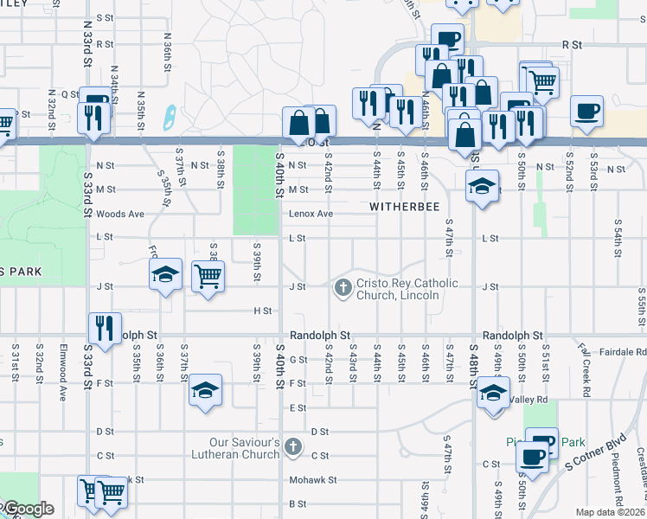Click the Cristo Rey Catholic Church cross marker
(x=343, y=287)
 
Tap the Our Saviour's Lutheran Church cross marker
(x=293, y=447)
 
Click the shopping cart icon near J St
(x=208, y=277)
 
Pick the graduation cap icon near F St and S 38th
(x=206, y=390)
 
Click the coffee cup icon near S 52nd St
(x=586, y=112)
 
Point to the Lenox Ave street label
(x=311, y=214)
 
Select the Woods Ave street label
(x=118, y=214)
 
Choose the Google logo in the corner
(x=27, y=509)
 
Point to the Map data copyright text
(x=610, y=512)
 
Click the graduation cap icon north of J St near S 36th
(x=165, y=274)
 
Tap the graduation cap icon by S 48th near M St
(x=482, y=185)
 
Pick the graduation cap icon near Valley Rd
(x=493, y=393)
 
